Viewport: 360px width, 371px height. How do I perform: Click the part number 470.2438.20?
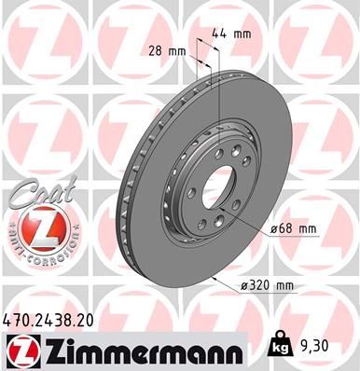[x=56, y=319]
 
